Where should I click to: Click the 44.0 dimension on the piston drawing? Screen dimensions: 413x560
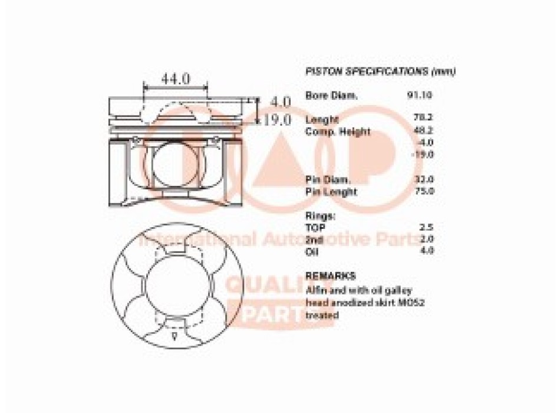click(x=176, y=78)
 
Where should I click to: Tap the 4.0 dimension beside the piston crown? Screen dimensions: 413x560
click(x=281, y=102)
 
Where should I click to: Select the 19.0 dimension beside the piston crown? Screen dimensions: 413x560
click(x=278, y=120)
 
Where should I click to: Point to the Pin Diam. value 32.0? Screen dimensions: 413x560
click(x=424, y=179)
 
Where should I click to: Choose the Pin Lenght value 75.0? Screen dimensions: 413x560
click(x=424, y=191)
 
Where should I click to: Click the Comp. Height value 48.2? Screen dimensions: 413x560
click(x=424, y=131)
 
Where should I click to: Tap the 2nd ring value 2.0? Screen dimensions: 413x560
click(x=427, y=239)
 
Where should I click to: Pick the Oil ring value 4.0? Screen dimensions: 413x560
click(x=427, y=251)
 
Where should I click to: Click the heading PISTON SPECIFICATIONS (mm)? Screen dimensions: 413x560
click(x=381, y=71)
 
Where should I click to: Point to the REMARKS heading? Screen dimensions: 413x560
click(x=330, y=276)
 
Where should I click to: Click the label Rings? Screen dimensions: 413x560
click(x=321, y=215)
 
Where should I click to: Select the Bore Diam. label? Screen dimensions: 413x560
click(x=331, y=95)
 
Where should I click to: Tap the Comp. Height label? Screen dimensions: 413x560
click(x=338, y=132)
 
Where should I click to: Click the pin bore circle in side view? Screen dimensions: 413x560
click(x=176, y=166)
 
